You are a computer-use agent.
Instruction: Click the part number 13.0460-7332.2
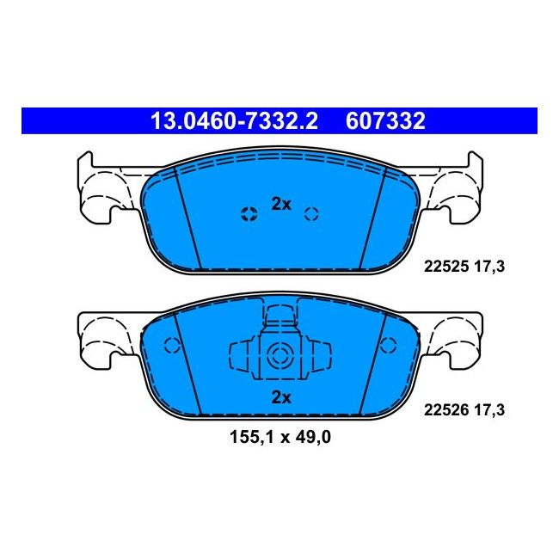(x=234, y=121)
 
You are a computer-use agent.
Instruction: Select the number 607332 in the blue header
(x=385, y=121)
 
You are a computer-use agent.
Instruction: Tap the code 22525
(x=444, y=267)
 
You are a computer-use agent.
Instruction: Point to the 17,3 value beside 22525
(x=488, y=267)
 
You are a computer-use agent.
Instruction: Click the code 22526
(x=444, y=411)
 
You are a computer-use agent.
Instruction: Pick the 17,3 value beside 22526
(x=488, y=411)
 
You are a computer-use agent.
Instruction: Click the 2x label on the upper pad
(x=281, y=204)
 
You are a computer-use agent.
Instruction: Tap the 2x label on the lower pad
(x=281, y=397)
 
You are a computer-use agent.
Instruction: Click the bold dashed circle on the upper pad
(x=249, y=214)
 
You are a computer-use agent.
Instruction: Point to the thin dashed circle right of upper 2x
(x=312, y=214)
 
